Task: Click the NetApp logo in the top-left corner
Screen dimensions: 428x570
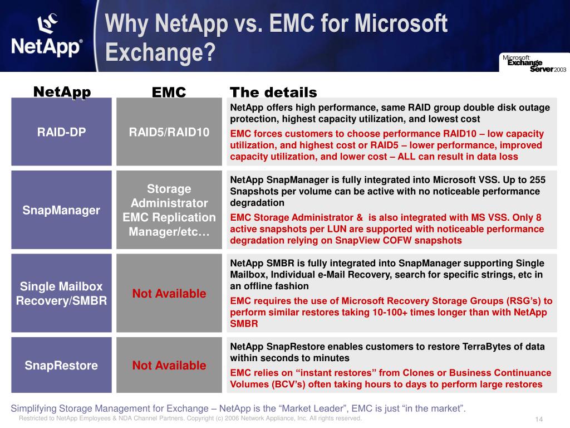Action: point(47,36)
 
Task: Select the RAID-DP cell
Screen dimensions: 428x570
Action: point(61,132)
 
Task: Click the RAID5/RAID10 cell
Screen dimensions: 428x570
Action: point(169,132)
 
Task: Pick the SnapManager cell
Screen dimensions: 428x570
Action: point(61,210)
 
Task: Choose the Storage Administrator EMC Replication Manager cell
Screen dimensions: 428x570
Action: point(169,210)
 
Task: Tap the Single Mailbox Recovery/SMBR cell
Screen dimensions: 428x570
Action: point(61,293)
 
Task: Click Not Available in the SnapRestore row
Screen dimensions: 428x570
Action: point(169,366)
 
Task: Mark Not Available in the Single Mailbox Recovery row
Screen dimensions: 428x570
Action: point(169,293)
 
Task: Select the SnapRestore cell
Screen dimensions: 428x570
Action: point(61,366)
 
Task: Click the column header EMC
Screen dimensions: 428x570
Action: point(169,93)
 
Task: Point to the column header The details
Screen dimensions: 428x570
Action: point(273,93)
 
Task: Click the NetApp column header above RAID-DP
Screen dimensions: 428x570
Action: point(62,91)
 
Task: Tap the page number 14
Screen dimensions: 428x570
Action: point(538,420)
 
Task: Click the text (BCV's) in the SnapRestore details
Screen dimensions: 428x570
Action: point(297,384)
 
